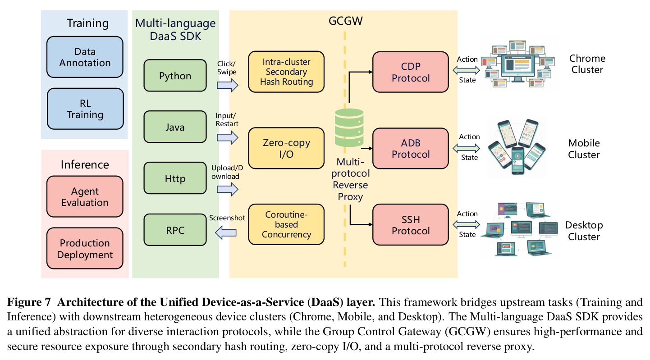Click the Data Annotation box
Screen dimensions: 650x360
(x=85, y=57)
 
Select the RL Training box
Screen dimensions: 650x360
(x=85, y=109)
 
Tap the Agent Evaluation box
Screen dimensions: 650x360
(x=85, y=196)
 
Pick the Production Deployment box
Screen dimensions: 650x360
(x=85, y=248)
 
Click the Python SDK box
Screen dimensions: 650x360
(x=175, y=75)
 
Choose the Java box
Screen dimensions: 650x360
(x=175, y=127)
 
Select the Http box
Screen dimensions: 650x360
(x=175, y=178)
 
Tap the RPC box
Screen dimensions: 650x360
(x=175, y=230)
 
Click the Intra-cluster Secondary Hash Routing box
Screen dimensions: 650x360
(x=286, y=72)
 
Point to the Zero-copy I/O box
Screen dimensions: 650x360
(x=286, y=148)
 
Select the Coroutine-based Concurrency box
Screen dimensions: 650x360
(x=286, y=224)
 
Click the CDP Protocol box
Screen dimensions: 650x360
(x=411, y=72)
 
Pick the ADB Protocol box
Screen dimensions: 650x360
(x=411, y=148)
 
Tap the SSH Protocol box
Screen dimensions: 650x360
(x=411, y=225)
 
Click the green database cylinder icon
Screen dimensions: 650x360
(x=349, y=128)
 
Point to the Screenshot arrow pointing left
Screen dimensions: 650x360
(x=226, y=232)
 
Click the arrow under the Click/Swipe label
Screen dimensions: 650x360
(x=228, y=85)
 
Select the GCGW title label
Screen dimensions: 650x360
(x=345, y=21)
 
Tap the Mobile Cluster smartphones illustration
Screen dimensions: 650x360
(x=517, y=147)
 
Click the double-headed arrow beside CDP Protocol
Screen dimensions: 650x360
(x=467, y=70)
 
